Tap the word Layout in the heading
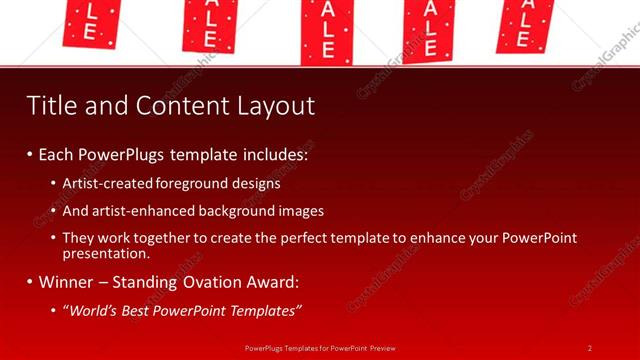[x=271, y=106]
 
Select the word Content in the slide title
[x=168, y=106]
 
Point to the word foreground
[x=194, y=183]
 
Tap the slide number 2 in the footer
[x=589, y=348]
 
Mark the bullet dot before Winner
[x=30, y=283]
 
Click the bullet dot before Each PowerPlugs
[x=30, y=156]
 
